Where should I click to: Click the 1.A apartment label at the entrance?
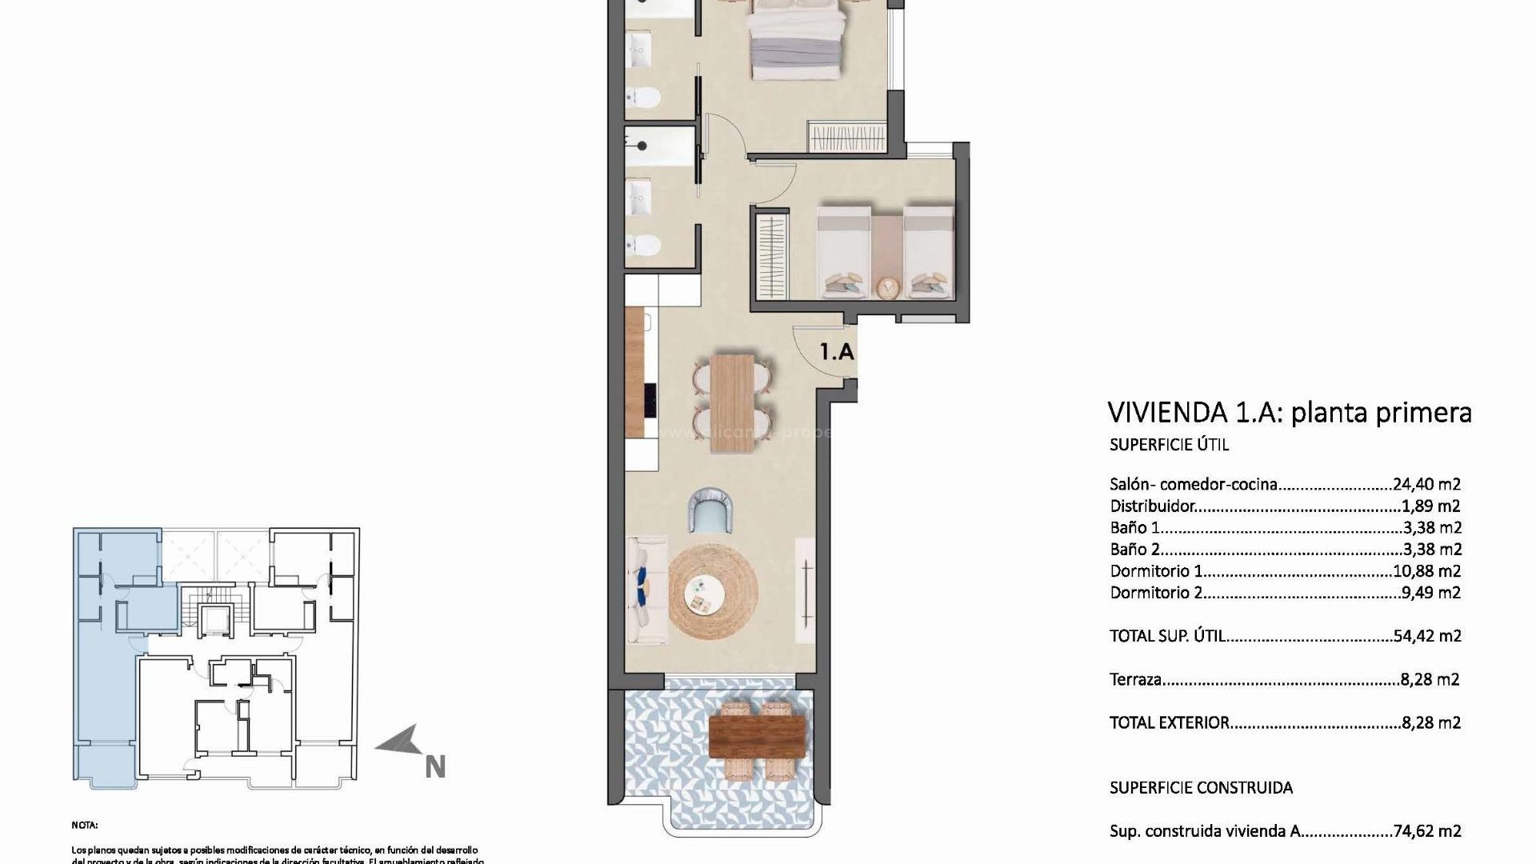(x=837, y=351)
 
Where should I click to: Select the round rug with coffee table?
(x=713, y=591)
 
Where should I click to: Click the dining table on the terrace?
(x=757, y=735)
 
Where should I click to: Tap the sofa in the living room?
(x=646, y=590)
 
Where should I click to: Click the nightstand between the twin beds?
(x=886, y=286)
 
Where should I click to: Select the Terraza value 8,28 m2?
(x=1430, y=679)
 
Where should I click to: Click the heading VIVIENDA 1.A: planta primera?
(x=1289, y=413)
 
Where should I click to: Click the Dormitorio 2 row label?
(x=1155, y=593)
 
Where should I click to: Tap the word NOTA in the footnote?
(x=84, y=825)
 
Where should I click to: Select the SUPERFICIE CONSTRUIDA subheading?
(x=1200, y=788)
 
